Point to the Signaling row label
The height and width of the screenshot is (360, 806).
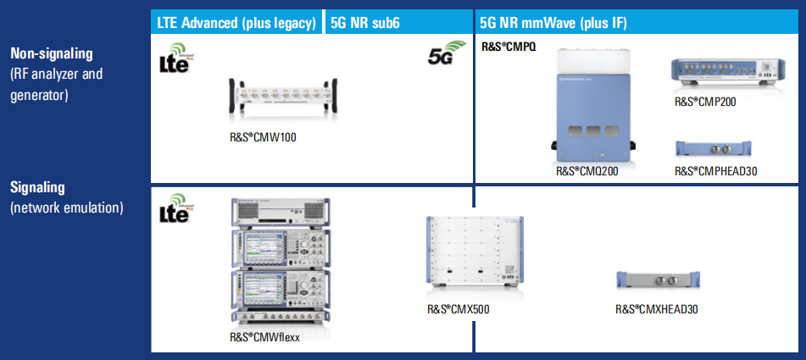pyautogui.click(x=37, y=187)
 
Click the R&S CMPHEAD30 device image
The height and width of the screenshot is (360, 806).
pyautogui.click(x=715, y=149)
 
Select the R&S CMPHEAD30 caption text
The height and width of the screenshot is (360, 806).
pyautogui.click(x=715, y=171)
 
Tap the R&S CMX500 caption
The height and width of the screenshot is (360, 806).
pyautogui.click(x=458, y=309)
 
